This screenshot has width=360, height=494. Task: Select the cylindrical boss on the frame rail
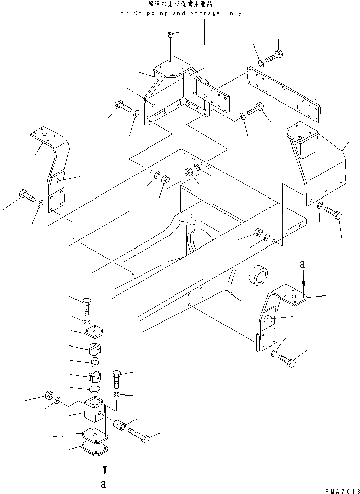[260, 277]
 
